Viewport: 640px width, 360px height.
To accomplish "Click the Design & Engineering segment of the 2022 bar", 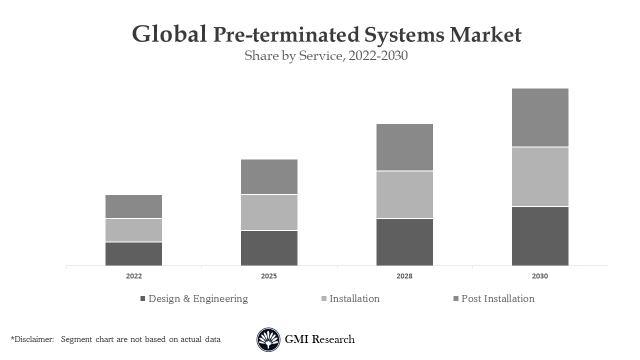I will pos(133,254).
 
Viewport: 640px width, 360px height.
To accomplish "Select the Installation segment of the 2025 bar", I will pos(269,212).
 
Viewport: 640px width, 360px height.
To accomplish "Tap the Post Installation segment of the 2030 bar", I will pos(540,117).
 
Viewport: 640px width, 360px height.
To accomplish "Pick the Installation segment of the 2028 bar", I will pos(404,195).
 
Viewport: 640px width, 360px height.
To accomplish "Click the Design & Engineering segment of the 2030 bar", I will pos(540,236).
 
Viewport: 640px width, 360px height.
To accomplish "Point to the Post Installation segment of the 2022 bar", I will pos(133,206).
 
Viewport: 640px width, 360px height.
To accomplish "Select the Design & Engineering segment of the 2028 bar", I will pos(404,242).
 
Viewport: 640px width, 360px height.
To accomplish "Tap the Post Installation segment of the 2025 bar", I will pos(269,176).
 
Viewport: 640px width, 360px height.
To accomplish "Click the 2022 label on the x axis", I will pos(133,276).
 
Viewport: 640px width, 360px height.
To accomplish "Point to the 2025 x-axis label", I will pos(269,276).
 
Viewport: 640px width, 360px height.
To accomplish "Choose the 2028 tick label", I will pos(404,276).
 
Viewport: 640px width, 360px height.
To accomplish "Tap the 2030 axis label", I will pos(540,276).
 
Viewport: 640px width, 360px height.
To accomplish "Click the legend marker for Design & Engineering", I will pos(142,299).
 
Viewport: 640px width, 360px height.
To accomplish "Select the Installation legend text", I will pos(354,298).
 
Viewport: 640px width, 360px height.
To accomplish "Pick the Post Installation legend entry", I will pos(497,298).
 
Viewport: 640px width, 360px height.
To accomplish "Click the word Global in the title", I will pos(169,34).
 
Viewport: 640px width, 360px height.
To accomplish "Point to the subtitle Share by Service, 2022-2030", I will pos(326,55).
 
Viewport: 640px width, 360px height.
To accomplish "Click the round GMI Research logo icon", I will pos(268,339).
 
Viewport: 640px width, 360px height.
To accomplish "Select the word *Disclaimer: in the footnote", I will pos(32,339).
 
